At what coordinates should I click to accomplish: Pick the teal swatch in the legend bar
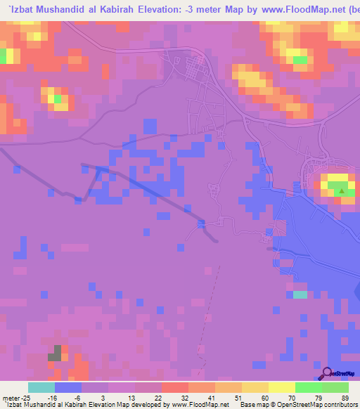41,387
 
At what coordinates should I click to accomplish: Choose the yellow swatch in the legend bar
281,387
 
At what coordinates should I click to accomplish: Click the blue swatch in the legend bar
68,387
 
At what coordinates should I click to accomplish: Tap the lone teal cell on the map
300,294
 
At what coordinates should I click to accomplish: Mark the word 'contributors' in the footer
342,405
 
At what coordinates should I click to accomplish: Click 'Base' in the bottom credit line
248,405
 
